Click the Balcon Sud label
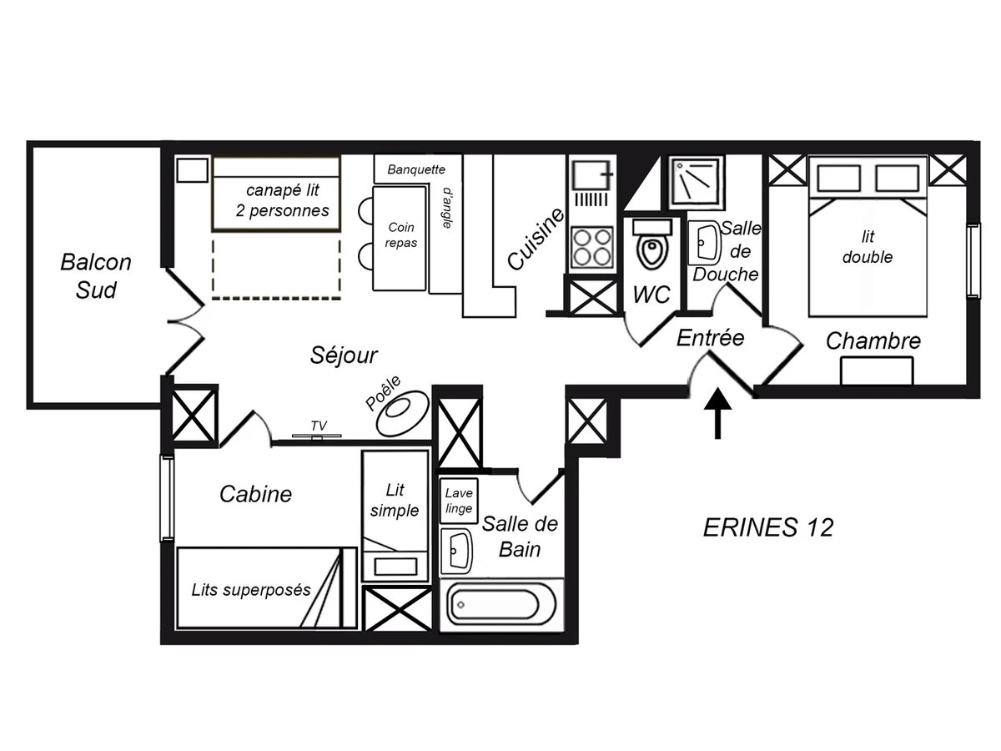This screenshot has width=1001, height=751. pos(96,275)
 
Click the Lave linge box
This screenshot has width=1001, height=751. pos(458,501)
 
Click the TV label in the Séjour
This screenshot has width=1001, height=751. pos(318,426)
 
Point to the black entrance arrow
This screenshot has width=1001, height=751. pos(717,413)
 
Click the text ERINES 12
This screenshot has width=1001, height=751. pos(768,527)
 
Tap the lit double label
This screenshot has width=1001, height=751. pos(868,247)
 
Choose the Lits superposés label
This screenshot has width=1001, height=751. pos(251,590)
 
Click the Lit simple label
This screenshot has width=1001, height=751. pos(395,500)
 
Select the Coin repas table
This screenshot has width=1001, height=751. pos(400,238)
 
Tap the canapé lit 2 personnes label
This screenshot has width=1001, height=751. pos(282,200)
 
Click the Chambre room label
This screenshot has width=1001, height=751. pos(873,340)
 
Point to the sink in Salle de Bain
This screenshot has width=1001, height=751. pos(456,550)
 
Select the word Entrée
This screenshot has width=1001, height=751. pos(710,338)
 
